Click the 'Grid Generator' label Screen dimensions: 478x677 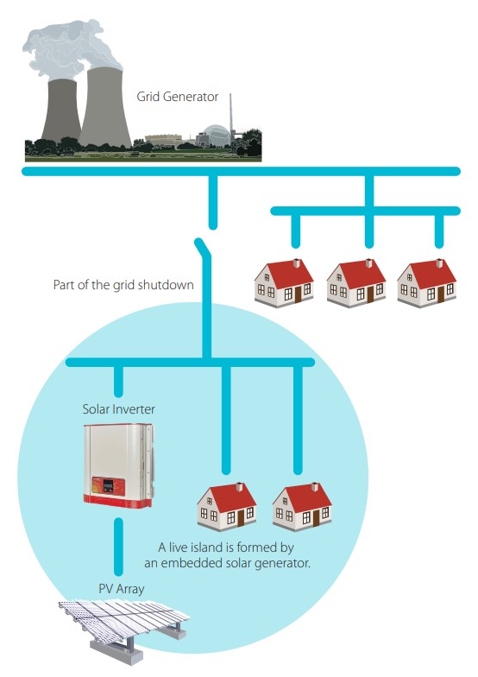coord(178,97)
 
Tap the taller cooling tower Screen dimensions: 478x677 coord(105,107)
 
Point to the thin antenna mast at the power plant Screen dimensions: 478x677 coord(231,114)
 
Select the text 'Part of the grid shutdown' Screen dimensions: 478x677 coord(123,285)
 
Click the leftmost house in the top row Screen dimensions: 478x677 coord(284,283)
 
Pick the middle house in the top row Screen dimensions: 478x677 coord(355,283)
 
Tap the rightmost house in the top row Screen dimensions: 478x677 coord(426,283)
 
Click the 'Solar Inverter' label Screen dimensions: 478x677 coord(119,409)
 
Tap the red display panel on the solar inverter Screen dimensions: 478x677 coord(108,485)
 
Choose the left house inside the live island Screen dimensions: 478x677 coord(227,507)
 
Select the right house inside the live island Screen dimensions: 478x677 coord(302,507)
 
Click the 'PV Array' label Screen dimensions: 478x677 coord(121,589)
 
